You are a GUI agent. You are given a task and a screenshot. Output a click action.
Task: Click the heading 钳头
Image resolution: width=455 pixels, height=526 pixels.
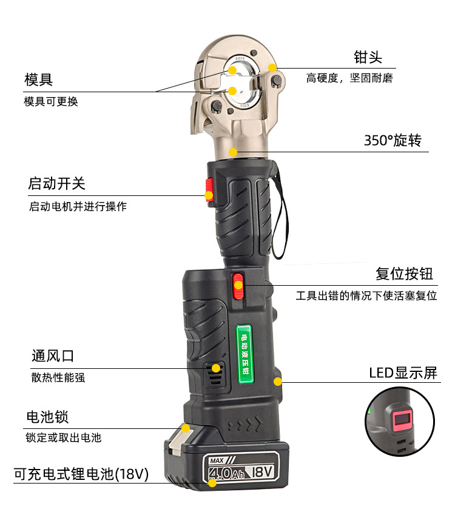coord(368,57)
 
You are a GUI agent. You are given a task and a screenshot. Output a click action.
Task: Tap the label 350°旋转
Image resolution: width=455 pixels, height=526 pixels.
coord(393,140)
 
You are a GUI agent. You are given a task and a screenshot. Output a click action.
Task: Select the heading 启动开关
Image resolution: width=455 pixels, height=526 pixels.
coord(56,183)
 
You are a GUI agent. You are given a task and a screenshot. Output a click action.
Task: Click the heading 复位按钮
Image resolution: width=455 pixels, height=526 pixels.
coord(404,274)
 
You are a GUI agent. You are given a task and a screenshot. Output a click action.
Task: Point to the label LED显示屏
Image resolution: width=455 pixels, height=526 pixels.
coord(403,373)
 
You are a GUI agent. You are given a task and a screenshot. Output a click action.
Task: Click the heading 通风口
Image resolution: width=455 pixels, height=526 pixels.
coord(53,356)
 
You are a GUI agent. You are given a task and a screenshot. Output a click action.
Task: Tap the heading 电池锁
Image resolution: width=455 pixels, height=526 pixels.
coord(47,417)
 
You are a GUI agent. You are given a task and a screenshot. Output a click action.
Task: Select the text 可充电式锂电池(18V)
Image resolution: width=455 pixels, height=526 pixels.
coord(81,474)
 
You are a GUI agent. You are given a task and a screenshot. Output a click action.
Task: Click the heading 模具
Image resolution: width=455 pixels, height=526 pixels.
coord(38,79)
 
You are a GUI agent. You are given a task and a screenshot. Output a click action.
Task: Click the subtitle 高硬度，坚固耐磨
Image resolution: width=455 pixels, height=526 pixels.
coord(349,78)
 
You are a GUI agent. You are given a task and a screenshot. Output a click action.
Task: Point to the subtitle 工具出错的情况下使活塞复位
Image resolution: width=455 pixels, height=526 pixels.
coord(366,295)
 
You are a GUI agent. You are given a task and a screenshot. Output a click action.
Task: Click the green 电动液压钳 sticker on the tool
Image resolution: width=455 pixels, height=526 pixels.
coord(244,354)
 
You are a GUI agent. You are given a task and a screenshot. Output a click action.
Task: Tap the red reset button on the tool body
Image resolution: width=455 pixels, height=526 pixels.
coord(238,286)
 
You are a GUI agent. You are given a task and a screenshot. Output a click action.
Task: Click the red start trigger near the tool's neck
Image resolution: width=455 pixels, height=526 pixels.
coord(209,190)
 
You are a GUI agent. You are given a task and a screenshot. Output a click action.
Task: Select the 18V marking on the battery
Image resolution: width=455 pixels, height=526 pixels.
coord(263,471)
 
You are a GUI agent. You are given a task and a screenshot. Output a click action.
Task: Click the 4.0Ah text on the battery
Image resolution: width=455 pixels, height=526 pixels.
coord(226,473)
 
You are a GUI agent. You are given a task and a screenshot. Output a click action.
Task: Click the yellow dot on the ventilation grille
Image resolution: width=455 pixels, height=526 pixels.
coord(216,368)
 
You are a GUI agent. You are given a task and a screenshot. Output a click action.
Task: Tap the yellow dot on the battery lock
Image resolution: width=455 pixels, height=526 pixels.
coord(186,428)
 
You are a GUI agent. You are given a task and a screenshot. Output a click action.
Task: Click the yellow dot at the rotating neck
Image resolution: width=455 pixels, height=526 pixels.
coord(233,152)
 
